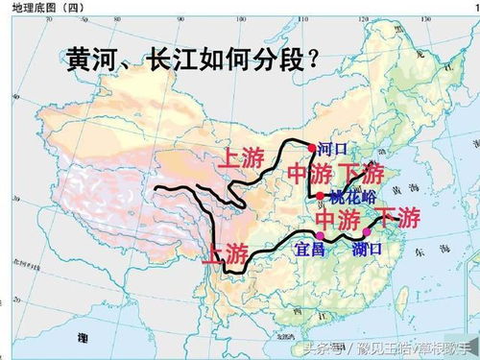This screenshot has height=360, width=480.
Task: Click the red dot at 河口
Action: pyautogui.click(x=311, y=148)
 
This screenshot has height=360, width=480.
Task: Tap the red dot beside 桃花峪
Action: pyautogui.click(x=320, y=196)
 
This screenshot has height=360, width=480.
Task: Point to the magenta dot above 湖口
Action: pyautogui.click(x=366, y=233)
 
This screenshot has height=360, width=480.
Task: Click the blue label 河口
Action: pyautogui.click(x=330, y=150)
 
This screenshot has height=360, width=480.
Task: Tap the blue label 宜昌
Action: pyautogui.click(x=309, y=249)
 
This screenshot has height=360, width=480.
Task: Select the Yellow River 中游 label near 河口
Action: pyautogui.click(x=309, y=176)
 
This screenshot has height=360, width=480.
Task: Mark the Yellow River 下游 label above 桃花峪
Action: pyautogui.click(x=361, y=176)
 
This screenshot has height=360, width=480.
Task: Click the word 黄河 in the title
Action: pyautogui.click(x=93, y=60)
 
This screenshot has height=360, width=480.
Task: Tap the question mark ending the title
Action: pyautogui.click(x=311, y=60)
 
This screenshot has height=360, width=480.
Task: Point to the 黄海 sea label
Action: pyautogui.click(x=415, y=192)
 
